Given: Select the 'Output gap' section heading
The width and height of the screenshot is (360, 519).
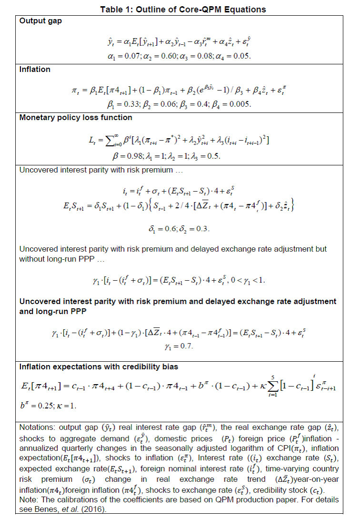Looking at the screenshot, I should tap(40, 21).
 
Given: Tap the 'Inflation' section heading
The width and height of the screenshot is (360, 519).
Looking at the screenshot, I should tap(35, 69).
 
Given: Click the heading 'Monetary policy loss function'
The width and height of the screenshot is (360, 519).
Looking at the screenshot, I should tap(76, 117).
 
